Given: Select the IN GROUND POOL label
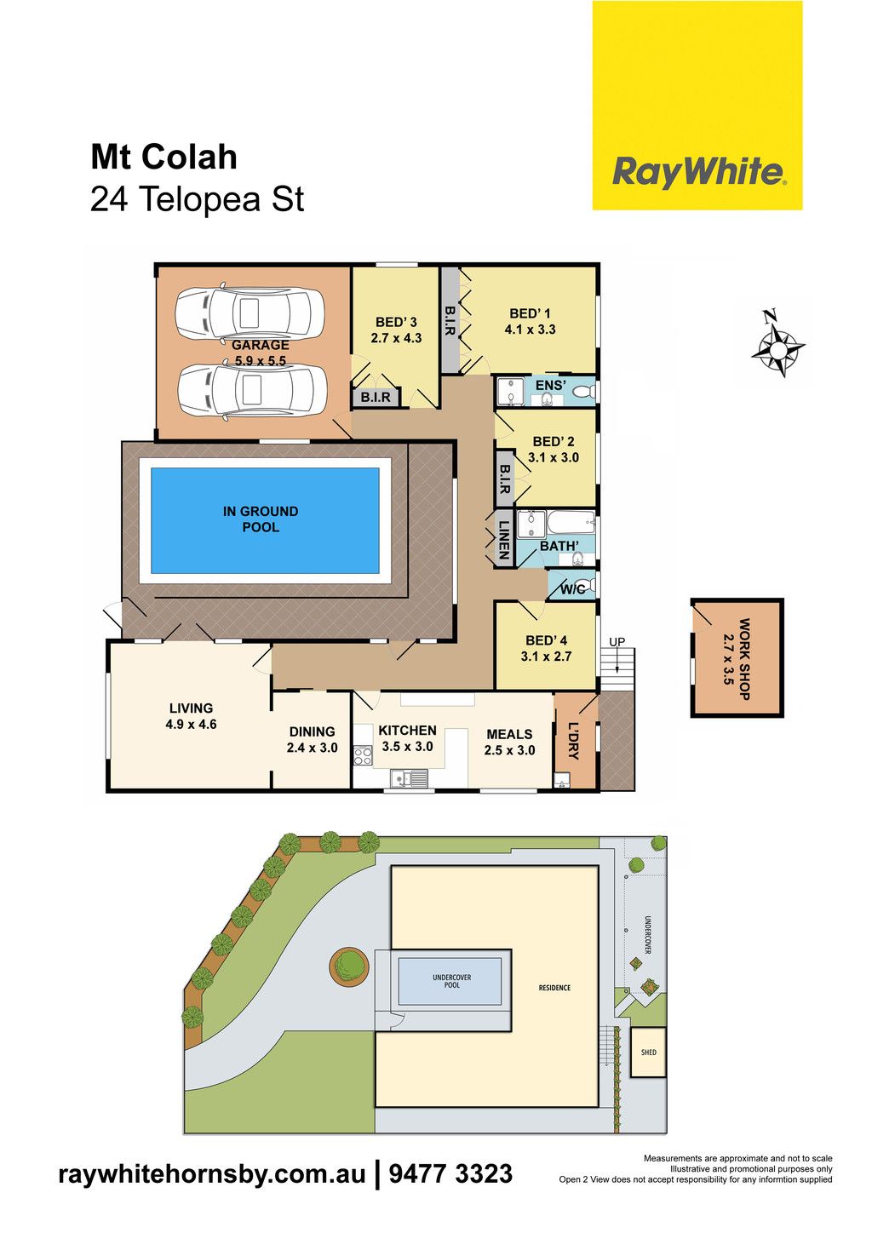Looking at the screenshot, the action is tap(261, 519).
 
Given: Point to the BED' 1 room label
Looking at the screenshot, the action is tap(530, 313).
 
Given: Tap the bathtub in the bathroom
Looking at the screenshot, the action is tap(571, 523).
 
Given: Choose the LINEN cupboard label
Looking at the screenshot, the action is tap(504, 541).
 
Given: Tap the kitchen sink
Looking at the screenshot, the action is tap(409, 777).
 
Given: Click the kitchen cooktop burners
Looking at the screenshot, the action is tap(362, 754).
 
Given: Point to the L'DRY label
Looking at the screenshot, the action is tap(574, 741).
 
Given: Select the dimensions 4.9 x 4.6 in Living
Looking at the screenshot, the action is tap(191, 724).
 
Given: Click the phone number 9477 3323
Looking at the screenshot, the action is tap(450, 1173).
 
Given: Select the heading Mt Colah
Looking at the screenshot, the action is tap(164, 157).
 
